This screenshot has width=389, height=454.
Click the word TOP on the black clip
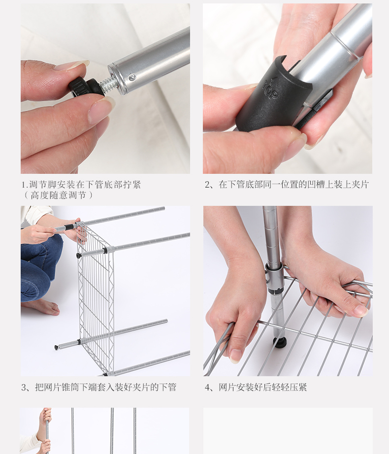270,90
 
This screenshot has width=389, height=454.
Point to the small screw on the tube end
132,77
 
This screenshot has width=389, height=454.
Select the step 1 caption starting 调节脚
81,185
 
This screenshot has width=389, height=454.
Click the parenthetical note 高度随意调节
59,195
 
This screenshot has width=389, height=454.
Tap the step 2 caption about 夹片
287,185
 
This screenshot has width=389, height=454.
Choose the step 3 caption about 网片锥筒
98,387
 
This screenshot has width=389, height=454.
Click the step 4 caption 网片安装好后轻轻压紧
256,387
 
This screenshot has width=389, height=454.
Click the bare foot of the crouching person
43,307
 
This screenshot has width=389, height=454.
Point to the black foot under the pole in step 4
280,342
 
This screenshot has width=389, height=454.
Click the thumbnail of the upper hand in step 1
71,65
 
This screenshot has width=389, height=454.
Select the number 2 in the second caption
207,185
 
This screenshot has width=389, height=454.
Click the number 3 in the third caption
24,388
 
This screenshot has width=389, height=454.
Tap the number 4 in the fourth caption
207,388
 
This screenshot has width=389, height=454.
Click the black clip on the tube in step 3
69,227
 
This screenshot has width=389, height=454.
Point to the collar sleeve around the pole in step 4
273,274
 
